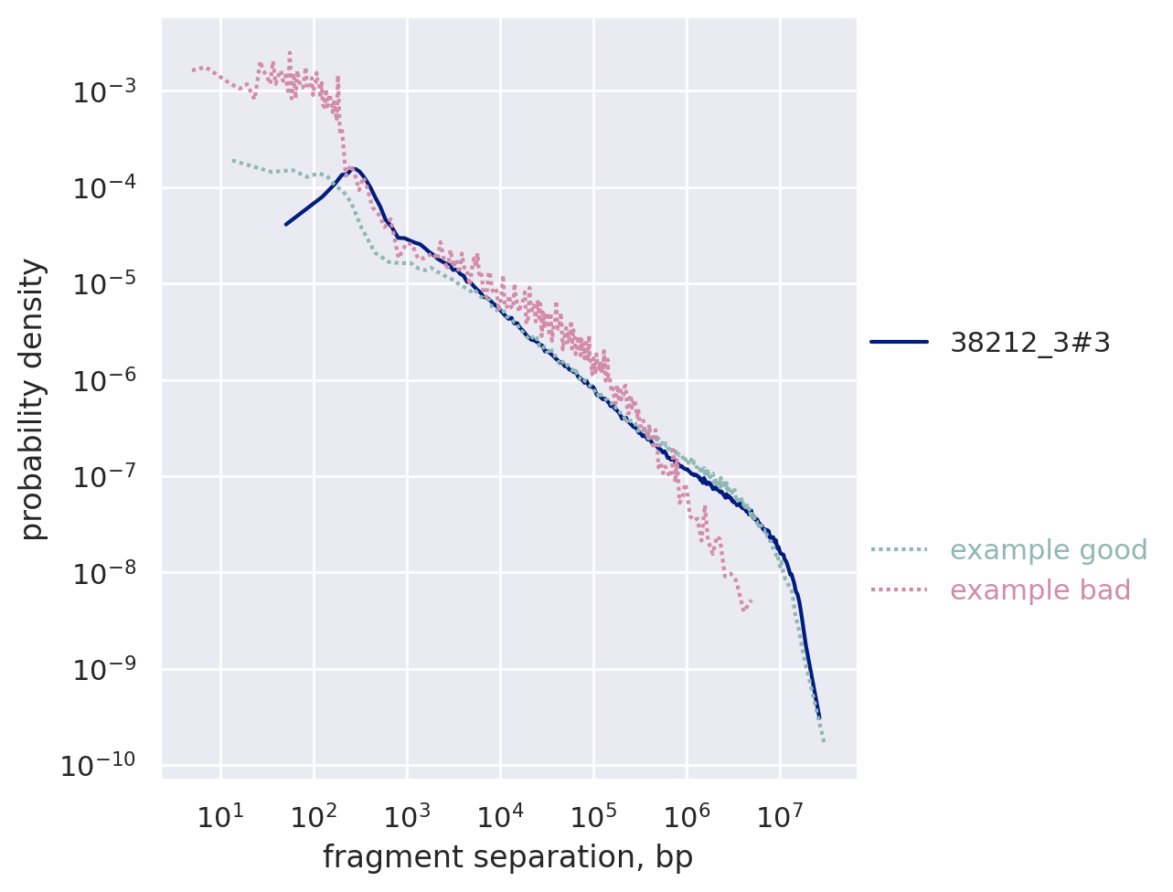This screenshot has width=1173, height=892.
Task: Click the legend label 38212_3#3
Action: point(1030,343)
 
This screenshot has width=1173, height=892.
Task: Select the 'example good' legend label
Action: point(1049,550)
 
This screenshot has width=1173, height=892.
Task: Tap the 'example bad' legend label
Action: point(1040,590)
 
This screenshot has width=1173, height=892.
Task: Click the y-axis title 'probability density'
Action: point(33,399)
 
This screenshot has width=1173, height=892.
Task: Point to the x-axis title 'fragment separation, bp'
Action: point(507,858)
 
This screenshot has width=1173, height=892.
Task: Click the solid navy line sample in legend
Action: point(899,342)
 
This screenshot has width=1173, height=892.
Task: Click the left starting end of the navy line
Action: point(286,224)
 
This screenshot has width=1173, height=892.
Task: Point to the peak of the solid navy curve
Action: point(353,168)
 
